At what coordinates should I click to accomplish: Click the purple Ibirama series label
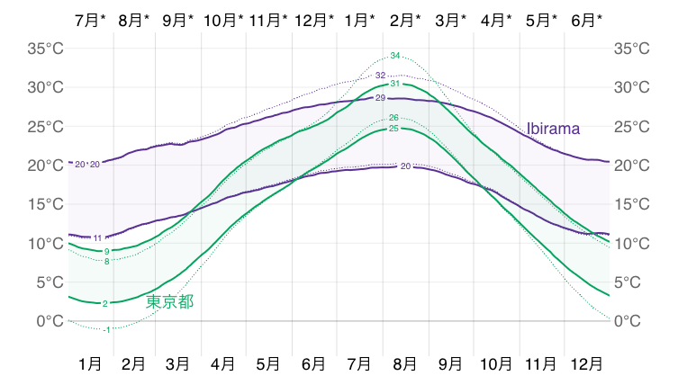click(553, 129)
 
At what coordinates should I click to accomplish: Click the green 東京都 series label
click(169, 301)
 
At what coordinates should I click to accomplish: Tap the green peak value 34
click(395, 56)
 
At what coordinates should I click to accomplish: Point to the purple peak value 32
click(381, 76)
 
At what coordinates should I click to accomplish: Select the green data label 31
click(394, 84)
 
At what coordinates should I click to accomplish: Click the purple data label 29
click(380, 98)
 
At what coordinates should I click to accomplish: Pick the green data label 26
click(393, 118)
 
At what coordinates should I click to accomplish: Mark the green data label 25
click(393, 130)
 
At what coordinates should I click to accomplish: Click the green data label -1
click(107, 330)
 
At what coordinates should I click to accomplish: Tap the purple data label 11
click(98, 238)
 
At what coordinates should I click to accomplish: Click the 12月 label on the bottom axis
click(587, 363)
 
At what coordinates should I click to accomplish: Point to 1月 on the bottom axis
click(90, 363)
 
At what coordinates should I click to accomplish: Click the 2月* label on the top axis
click(406, 19)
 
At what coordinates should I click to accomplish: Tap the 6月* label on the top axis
click(587, 19)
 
